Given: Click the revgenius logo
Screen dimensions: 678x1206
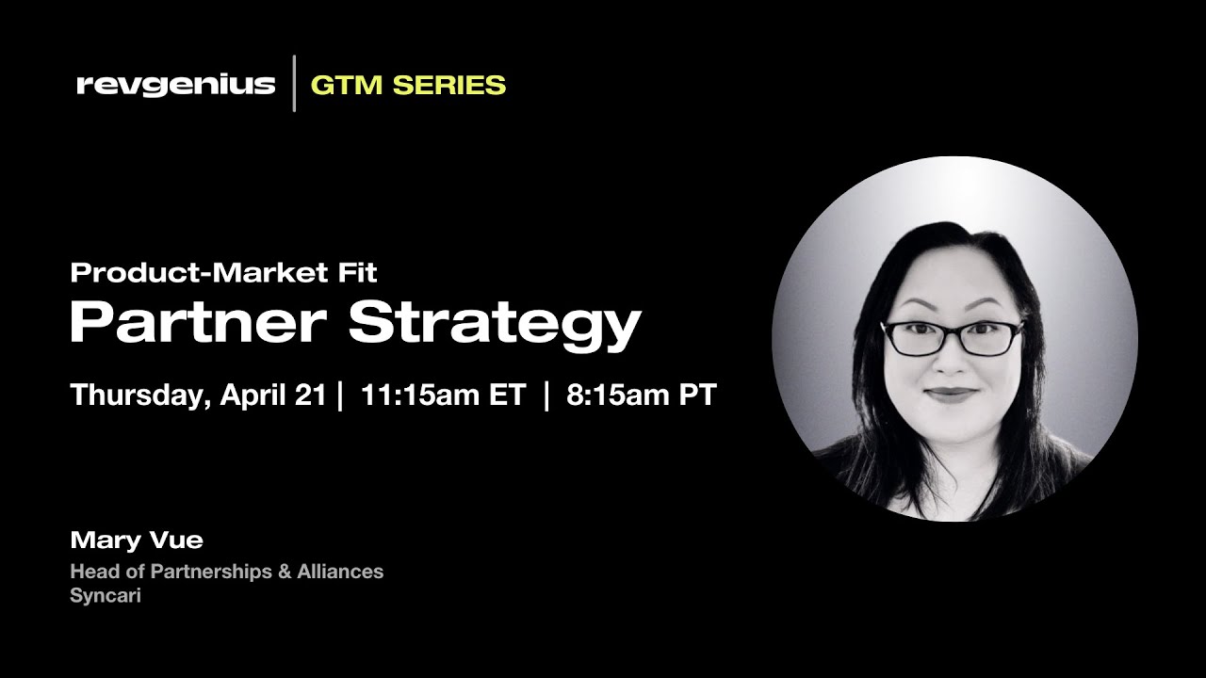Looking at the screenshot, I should click(175, 85).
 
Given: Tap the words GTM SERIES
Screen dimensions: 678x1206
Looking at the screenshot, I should click(408, 85).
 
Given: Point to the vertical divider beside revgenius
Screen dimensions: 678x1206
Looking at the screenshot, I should click(294, 84).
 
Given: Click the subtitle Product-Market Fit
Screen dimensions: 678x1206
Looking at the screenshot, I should click(223, 273).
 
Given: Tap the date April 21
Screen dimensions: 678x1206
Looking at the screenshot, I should click(272, 395).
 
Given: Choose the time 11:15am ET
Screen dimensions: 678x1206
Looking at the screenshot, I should click(442, 395).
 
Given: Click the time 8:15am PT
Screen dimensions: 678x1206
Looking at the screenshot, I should click(641, 395).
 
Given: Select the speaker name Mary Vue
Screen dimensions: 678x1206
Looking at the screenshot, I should click(137, 540).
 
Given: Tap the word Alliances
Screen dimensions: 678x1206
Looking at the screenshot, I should click(339, 572).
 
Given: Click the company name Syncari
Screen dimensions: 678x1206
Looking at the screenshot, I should click(105, 596).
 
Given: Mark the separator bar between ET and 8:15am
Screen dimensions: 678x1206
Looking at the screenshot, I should click(546, 395).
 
